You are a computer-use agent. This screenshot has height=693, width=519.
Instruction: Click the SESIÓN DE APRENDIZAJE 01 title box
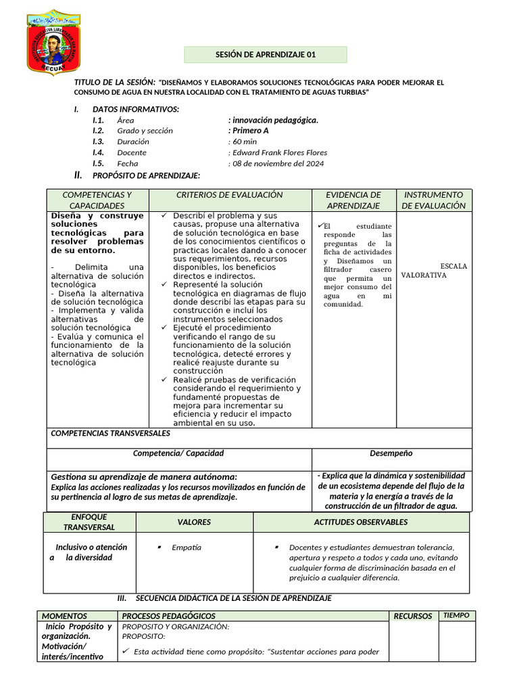[x=266, y=55]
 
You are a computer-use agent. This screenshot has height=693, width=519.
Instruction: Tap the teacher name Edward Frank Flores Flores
[x=279, y=152]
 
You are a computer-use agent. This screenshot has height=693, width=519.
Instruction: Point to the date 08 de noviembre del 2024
[x=277, y=163]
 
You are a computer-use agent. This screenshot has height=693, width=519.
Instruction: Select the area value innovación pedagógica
[x=273, y=120]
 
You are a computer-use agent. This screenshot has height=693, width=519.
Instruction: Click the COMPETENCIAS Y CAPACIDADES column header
[x=97, y=200]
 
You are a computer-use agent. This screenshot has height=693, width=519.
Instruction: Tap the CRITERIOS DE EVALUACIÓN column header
[x=229, y=195]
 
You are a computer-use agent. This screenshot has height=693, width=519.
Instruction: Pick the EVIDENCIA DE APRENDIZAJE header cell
[x=353, y=200]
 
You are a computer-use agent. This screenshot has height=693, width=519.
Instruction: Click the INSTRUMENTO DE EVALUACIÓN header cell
[x=433, y=200]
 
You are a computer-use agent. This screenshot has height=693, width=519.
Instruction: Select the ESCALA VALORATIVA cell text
[x=434, y=271]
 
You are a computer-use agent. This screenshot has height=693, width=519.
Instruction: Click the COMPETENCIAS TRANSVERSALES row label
[x=111, y=433]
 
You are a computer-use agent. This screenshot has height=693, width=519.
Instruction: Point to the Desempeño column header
[x=391, y=453]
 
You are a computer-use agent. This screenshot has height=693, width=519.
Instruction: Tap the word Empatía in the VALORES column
[x=187, y=547]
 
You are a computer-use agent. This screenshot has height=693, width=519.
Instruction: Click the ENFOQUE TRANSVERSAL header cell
[x=89, y=522]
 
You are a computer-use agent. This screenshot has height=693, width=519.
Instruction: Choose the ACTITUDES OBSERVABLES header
[x=360, y=522]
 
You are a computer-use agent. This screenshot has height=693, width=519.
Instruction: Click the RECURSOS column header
[x=413, y=616]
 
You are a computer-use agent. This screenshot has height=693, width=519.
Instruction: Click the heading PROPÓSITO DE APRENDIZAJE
[x=146, y=176]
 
